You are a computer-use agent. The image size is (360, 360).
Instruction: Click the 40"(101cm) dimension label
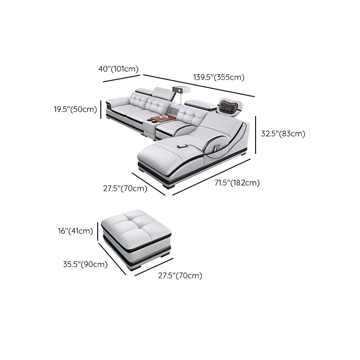(118, 69)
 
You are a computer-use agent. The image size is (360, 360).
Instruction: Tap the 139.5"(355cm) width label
(219, 77)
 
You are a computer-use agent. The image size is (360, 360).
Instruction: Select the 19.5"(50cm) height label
(76, 109)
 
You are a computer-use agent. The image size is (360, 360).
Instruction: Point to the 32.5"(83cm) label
(283, 134)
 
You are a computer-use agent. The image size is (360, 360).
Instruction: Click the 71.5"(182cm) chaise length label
(237, 183)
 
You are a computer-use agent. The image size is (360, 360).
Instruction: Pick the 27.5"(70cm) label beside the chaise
(125, 189)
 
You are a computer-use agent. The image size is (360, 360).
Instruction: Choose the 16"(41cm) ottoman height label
(75, 231)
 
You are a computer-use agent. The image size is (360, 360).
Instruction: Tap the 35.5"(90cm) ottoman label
(85, 264)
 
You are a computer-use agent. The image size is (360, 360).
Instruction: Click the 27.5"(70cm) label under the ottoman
(180, 275)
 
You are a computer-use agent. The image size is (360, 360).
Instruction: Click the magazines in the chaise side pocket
(217, 148)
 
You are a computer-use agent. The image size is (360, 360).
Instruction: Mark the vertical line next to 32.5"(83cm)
(256, 135)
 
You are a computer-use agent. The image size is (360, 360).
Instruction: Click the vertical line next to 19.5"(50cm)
(101, 109)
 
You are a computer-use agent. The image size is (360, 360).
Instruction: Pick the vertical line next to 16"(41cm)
(98, 231)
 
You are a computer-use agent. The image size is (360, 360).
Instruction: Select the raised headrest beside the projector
(162, 94)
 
